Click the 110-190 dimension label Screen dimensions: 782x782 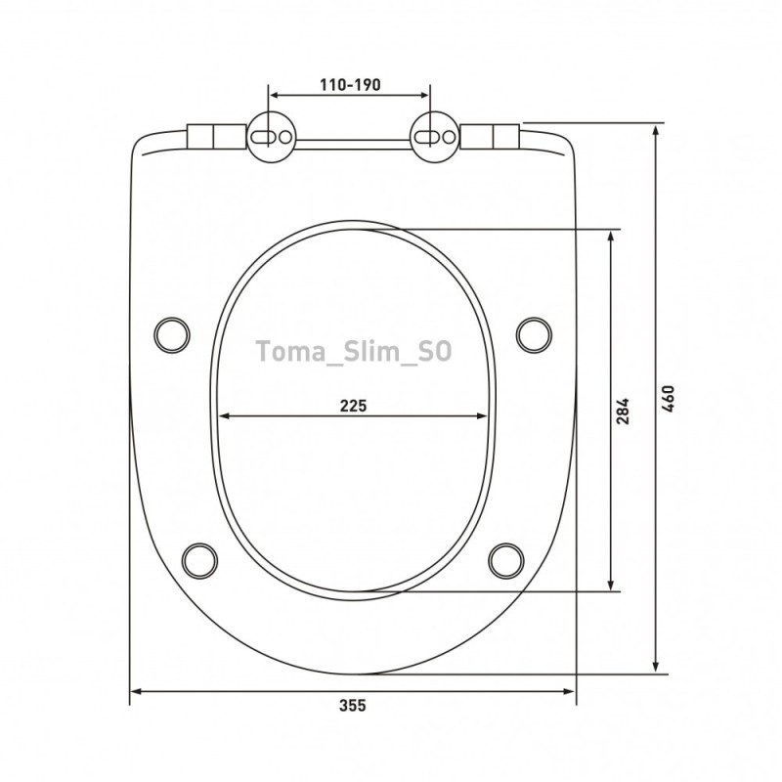click(x=350, y=85)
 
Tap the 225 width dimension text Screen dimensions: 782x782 click(x=353, y=406)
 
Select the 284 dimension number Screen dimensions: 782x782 click(x=623, y=411)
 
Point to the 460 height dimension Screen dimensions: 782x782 click(x=669, y=398)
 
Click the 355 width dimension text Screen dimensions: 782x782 click(x=353, y=706)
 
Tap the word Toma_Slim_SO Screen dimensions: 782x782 click(x=354, y=352)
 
